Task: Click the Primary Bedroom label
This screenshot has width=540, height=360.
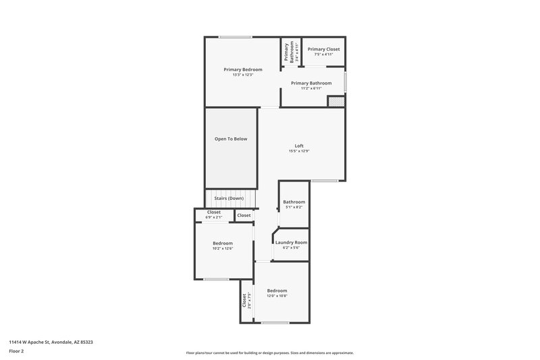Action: click(243, 70)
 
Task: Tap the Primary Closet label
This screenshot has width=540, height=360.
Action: click(323, 49)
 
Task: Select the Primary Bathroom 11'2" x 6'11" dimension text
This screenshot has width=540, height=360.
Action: click(311, 88)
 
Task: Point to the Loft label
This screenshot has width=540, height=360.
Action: click(299, 146)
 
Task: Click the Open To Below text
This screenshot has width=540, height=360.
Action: click(231, 139)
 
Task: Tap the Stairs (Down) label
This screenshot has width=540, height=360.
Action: click(229, 199)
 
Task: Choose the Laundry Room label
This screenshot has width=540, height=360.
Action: click(291, 242)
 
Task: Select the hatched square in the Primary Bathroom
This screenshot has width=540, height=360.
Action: click(335, 101)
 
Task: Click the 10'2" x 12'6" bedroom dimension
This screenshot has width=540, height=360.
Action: click(223, 249)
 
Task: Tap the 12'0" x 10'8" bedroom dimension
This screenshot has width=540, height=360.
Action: click(277, 296)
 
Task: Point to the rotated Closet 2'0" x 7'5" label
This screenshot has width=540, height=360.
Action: click(246, 300)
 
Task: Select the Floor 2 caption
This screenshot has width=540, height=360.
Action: click(17, 351)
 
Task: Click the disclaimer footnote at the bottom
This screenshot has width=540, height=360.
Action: click(269, 353)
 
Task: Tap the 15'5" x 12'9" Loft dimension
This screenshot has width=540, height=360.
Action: click(299, 151)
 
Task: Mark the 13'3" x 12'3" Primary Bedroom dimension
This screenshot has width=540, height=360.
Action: click(243, 75)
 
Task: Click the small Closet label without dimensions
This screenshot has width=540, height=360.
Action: click(244, 215)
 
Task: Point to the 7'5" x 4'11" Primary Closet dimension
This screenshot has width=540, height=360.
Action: click(323, 55)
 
